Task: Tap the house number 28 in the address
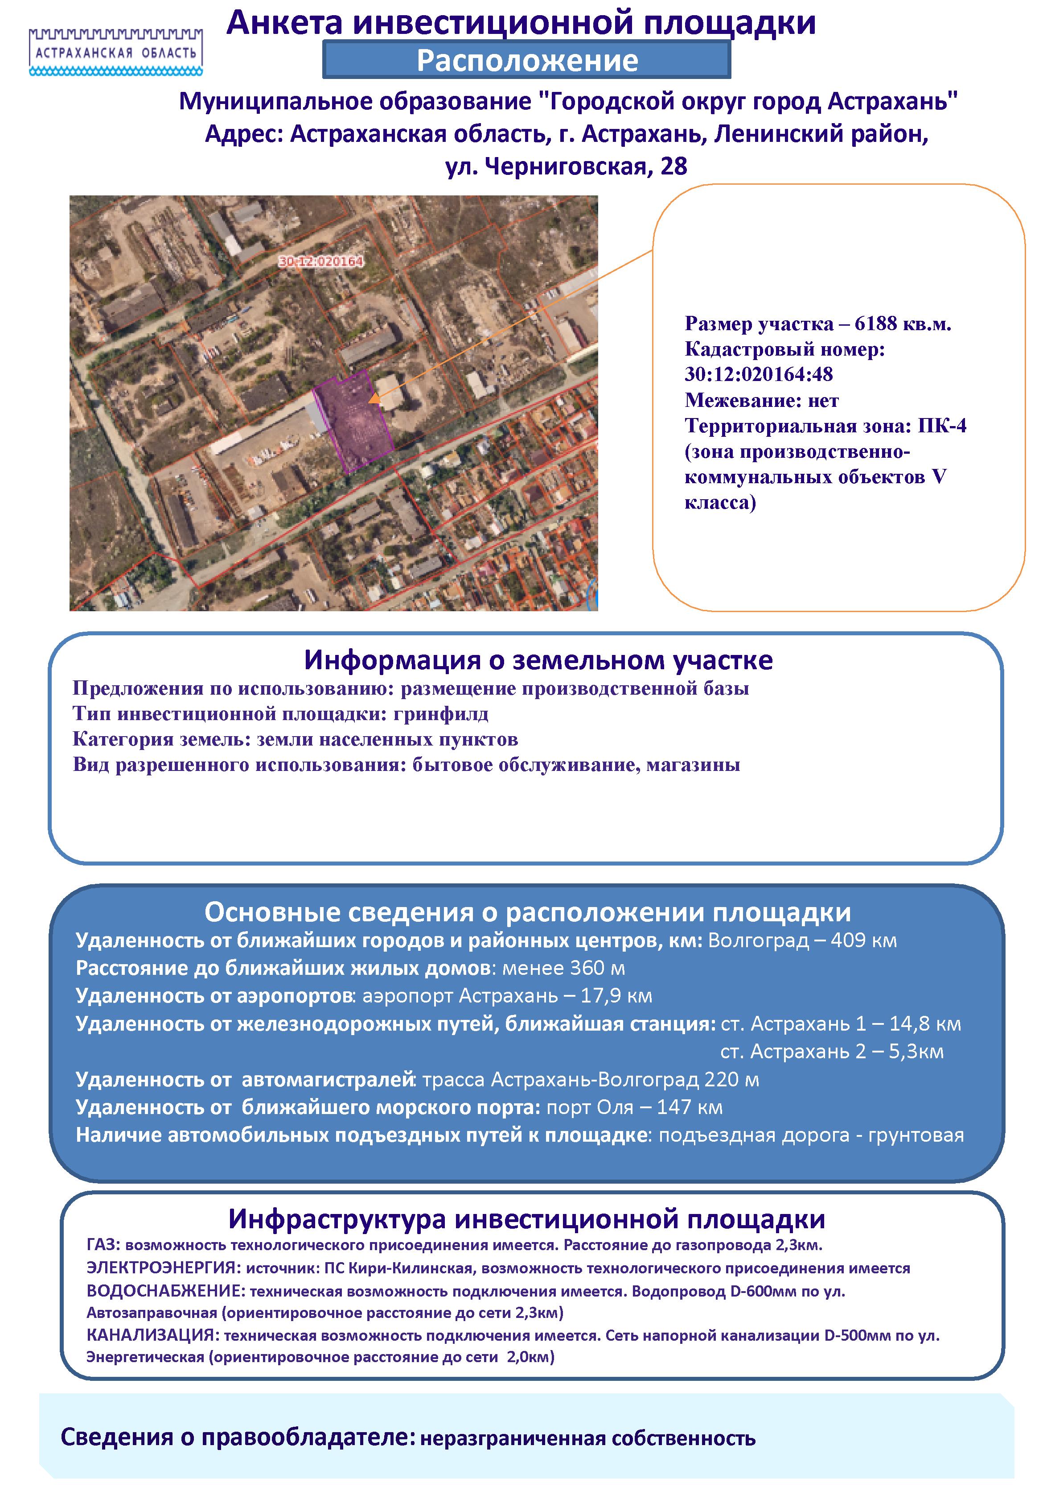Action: pyautogui.click(x=674, y=167)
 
